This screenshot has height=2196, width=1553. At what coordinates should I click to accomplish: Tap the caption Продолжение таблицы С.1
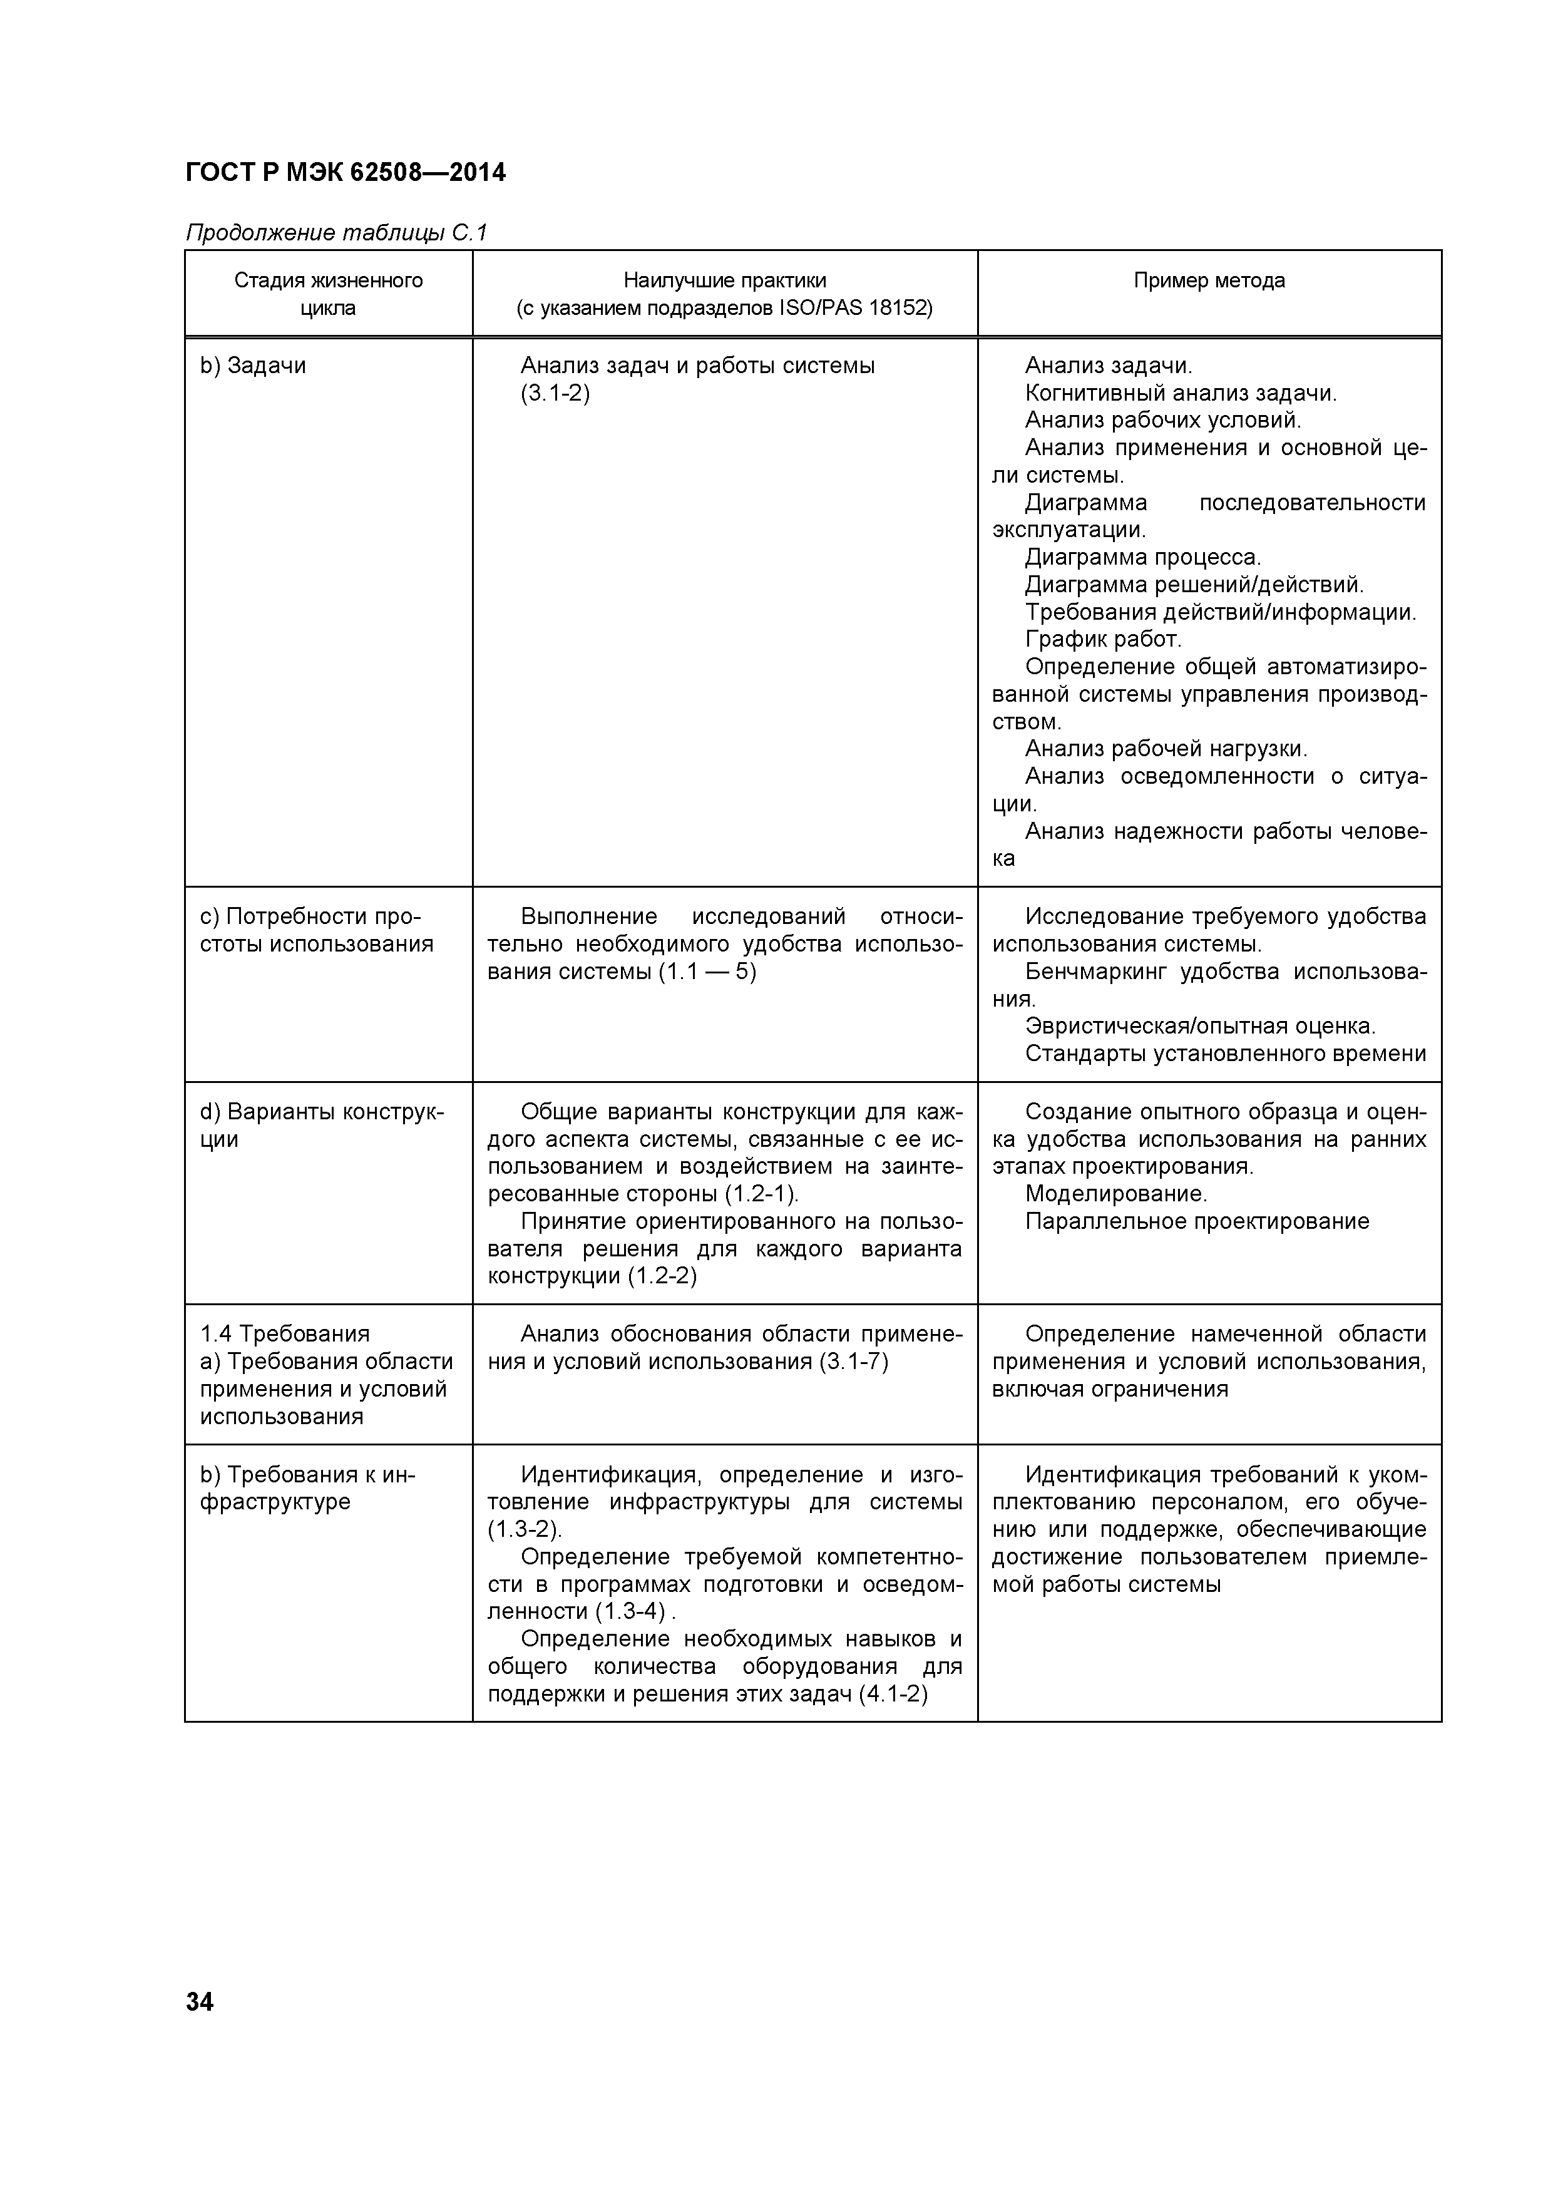click(x=337, y=232)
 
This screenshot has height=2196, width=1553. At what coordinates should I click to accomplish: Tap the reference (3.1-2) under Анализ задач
click(x=555, y=393)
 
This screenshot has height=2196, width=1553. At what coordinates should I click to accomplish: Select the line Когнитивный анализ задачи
click(x=1180, y=393)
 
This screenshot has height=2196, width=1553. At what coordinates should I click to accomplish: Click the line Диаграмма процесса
click(x=1143, y=557)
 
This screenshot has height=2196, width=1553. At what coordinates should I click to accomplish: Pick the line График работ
click(x=1102, y=639)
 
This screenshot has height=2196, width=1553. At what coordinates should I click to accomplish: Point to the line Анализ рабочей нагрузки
click(x=1166, y=748)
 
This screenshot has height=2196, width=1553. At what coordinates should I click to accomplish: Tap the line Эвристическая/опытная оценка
click(x=1199, y=1026)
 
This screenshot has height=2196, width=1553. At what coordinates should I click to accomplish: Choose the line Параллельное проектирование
click(x=1196, y=1221)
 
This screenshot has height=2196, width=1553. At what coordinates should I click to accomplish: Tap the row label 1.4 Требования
click(x=285, y=1334)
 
